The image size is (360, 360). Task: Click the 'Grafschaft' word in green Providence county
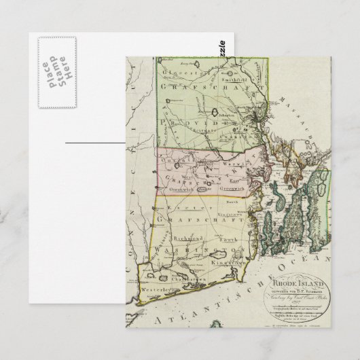tap(204, 88)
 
